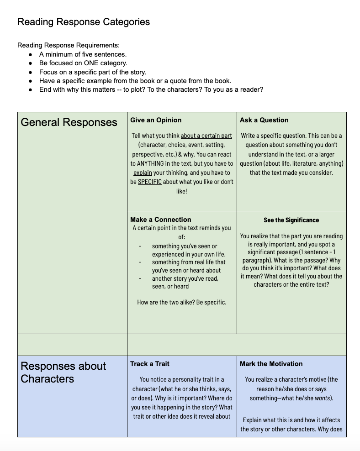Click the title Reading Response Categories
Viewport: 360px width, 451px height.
tap(84, 21)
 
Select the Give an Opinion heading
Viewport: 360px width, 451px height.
tap(156, 120)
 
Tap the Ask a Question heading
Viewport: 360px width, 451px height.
tap(264, 120)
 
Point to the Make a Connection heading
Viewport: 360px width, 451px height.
tap(161, 220)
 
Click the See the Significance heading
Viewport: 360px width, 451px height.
tap(291, 220)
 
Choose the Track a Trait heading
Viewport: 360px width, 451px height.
tap(150, 364)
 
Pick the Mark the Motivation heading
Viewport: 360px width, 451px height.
tap(271, 364)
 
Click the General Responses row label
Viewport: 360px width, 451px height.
tap(69, 122)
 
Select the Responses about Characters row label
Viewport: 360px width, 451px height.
tap(64, 372)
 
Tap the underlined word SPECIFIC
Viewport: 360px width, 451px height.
tap(149, 182)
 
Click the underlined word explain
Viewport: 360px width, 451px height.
tap(143, 173)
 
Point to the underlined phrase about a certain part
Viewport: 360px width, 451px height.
tap(206, 136)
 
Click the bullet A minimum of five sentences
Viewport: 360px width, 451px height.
tap(83, 54)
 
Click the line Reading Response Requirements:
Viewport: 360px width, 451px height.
tap(69, 45)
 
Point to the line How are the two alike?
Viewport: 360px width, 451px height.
tap(181, 302)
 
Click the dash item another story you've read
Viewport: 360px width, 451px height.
tap(185, 278)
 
